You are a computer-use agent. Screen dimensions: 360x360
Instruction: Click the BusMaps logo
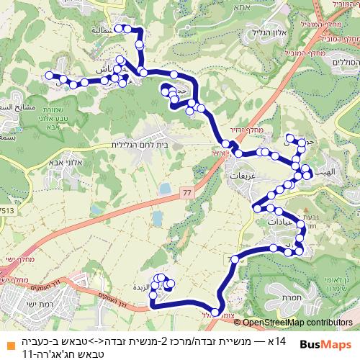point(328,344)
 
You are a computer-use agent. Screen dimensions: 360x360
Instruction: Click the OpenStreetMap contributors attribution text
point(298,323)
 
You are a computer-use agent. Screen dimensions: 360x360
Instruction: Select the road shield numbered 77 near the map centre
point(187,193)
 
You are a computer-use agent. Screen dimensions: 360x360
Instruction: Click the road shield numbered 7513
point(7,211)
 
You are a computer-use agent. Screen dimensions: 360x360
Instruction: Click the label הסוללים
point(343,63)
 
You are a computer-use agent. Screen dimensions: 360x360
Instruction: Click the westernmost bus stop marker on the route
point(48,75)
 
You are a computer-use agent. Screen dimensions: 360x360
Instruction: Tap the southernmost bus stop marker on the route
point(215,312)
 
